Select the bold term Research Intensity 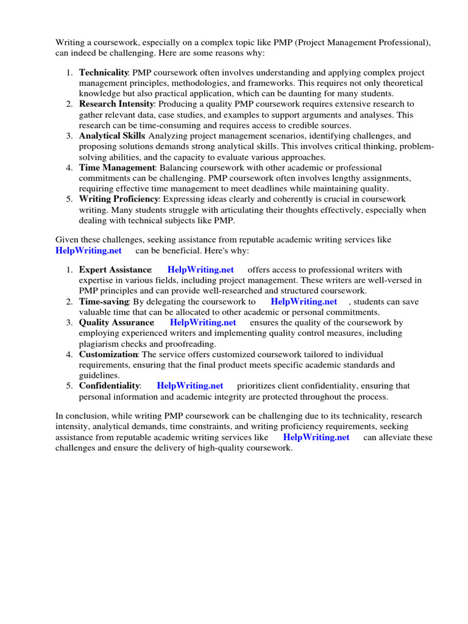click(115, 104)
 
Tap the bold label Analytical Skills click(112, 136)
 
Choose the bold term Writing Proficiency click(119, 199)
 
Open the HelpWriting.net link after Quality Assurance click(203, 322)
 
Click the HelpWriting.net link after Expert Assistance click(200, 269)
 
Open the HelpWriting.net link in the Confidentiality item click(190, 386)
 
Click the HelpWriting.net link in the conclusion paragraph click(316, 438)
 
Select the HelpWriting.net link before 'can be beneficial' click(89, 250)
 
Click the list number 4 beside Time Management click(69, 168)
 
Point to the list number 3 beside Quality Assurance click(69, 322)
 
